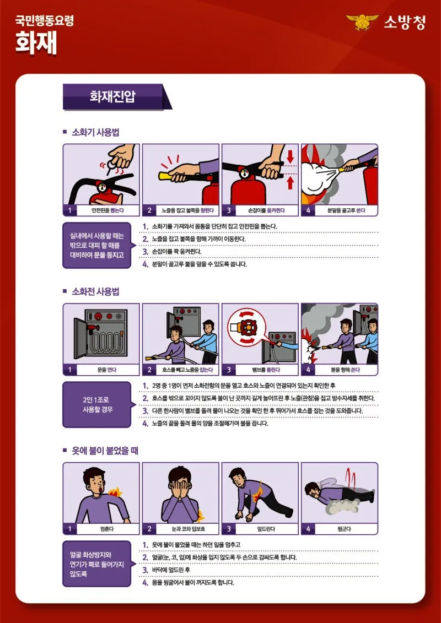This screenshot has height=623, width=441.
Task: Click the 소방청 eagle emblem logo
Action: coord(362,23)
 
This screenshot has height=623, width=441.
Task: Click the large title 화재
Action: coord(36,43)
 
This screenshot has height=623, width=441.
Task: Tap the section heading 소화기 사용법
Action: coord(95,133)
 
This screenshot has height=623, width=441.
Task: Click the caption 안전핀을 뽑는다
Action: coord(107,210)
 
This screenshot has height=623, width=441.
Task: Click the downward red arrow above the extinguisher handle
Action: coord(291,156)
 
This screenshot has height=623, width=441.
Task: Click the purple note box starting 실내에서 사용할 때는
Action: coord(96,245)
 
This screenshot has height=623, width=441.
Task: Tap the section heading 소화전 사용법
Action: coord(95,292)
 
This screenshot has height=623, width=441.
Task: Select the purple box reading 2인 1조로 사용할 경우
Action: coord(96,404)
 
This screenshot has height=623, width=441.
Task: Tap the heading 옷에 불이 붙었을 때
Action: coord(105,451)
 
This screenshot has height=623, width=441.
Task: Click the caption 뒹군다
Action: coord(346,529)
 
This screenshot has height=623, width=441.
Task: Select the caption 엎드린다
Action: coord(266,529)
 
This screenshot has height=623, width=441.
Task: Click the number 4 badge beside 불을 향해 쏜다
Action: coord(308,370)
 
